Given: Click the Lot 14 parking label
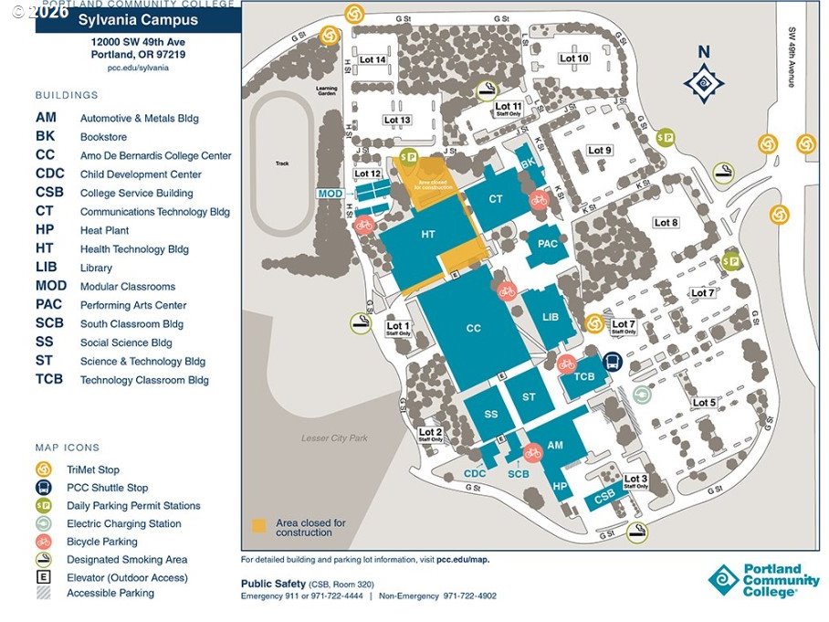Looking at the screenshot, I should click(x=374, y=60).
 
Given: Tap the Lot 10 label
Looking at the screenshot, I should click(x=574, y=58).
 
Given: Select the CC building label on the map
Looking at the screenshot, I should click(x=473, y=328).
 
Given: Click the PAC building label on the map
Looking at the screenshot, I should click(x=548, y=244).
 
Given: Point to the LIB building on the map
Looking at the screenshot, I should click(x=550, y=317).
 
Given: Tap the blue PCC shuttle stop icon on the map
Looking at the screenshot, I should click(x=613, y=363).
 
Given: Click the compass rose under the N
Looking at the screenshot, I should click(x=704, y=84).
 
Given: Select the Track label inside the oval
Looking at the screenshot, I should click(x=282, y=164).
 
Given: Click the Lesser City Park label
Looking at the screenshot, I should click(x=334, y=438).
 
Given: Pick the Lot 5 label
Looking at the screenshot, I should click(x=704, y=403).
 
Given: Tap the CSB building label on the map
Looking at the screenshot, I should click(x=604, y=497).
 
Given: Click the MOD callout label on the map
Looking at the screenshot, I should click(x=330, y=194).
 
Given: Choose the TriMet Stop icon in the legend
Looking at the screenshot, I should click(x=43, y=469).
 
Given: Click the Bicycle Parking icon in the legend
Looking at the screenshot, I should click(x=43, y=542).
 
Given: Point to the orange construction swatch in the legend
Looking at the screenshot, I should click(x=258, y=526).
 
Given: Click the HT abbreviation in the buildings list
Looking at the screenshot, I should click(x=45, y=248).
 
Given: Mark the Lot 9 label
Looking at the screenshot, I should click(x=600, y=150).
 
